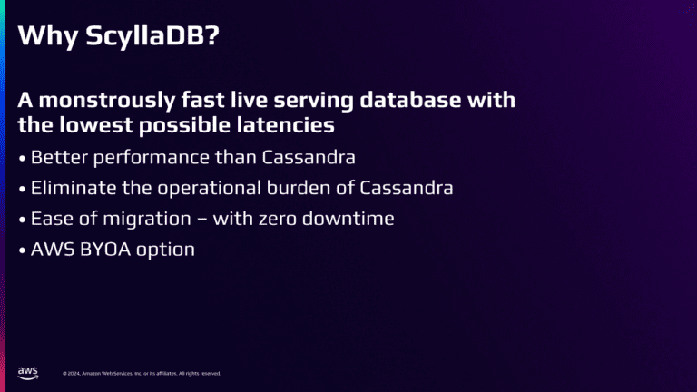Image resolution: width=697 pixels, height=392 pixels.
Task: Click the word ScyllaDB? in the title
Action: click(x=152, y=35)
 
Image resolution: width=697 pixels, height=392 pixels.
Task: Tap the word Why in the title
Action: click(x=48, y=36)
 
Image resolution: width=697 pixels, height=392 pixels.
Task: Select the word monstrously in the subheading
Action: click(x=107, y=101)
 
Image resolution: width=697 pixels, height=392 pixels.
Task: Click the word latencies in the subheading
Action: click(x=285, y=125)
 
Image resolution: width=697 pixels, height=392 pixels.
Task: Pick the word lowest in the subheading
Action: click(x=96, y=125)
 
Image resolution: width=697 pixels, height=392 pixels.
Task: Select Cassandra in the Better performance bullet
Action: click(x=309, y=157)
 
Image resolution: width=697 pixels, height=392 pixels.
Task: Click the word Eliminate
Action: click(x=74, y=188)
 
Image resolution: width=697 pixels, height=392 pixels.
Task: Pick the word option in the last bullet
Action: click(x=165, y=250)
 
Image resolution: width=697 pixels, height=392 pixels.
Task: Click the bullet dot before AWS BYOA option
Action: click(x=22, y=250)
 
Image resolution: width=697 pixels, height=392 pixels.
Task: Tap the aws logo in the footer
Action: click(x=27, y=373)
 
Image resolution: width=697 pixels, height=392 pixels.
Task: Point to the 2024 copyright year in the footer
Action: click(x=74, y=374)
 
